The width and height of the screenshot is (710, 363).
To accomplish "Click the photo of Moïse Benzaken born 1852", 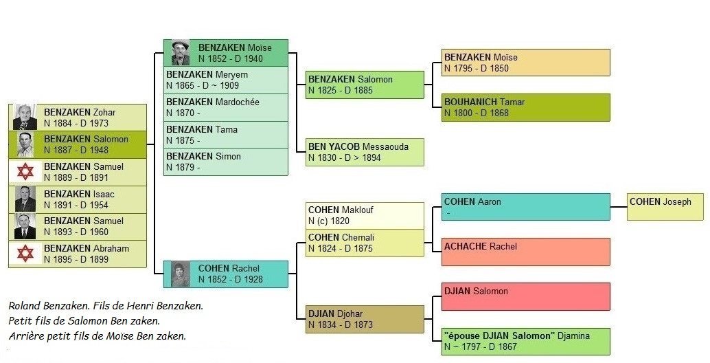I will [x=180, y=53].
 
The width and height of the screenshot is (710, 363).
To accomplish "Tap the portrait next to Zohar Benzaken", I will [x=25, y=118].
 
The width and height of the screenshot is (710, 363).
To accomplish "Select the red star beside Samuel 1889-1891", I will [x=25, y=172].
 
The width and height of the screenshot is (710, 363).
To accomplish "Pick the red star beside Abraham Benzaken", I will [x=25, y=254].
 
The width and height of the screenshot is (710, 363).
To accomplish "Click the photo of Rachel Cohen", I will [x=180, y=274].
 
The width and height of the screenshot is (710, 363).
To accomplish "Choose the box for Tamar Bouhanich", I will [x=525, y=107].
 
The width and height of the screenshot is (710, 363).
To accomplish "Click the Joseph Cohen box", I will [x=665, y=206].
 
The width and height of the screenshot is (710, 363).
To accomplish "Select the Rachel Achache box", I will [x=525, y=252].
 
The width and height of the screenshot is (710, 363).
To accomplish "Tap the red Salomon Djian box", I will [x=525, y=296].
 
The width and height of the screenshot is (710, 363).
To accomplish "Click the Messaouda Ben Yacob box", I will [x=365, y=152].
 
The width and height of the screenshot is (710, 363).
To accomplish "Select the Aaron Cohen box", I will [x=525, y=207].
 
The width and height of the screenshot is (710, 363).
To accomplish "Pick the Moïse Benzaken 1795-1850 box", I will [x=525, y=63].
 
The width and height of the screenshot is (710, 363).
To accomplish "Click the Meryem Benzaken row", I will [x=226, y=80].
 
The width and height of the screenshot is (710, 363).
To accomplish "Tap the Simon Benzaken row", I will [x=226, y=162].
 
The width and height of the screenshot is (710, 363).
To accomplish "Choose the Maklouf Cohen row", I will [x=365, y=215].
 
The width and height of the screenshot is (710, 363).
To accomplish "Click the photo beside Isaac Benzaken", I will [x=25, y=199].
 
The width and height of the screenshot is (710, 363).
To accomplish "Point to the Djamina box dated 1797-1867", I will [x=525, y=341].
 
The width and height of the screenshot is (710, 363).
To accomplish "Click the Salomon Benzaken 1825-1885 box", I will [x=365, y=85].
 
